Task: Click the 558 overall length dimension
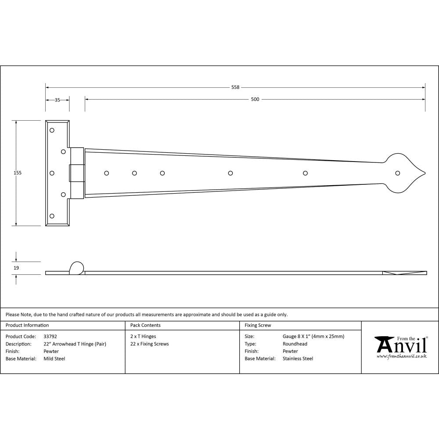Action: [x=235, y=87]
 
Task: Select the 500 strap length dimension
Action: [x=255, y=99]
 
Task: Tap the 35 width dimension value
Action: [x=57, y=100]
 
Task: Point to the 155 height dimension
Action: [x=18, y=173]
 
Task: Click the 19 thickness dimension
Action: [x=17, y=267]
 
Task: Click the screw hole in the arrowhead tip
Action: [x=398, y=173]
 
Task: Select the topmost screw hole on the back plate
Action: [x=52, y=130]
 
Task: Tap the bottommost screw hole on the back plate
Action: [x=52, y=216]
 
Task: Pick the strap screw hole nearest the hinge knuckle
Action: [x=106, y=173]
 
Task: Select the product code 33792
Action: [x=50, y=336]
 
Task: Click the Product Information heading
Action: [x=27, y=325]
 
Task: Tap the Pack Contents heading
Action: [x=145, y=325]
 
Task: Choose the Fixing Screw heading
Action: [x=258, y=325]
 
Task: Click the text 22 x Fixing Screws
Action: [x=149, y=344]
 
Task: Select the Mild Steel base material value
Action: [x=54, y=359]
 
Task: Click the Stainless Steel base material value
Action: [x=298, y=359]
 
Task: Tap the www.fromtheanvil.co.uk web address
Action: [x=401, y=356]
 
